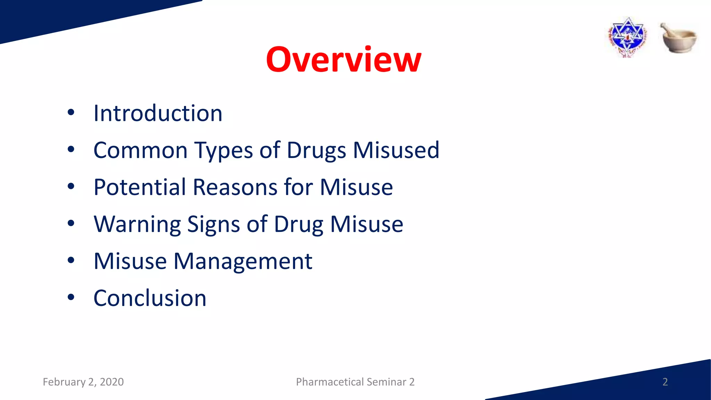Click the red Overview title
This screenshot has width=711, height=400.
pos(343,60)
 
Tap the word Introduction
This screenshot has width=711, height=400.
pos(158,113)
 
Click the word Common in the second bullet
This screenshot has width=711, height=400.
pos(141,150)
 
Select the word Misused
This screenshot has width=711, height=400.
pos(396,150)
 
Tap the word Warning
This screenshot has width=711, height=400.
pos(137,224)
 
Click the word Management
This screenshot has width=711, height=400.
pos(243,261)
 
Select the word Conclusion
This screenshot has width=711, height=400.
pos(150,298)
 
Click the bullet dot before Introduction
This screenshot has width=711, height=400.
pos(71,112)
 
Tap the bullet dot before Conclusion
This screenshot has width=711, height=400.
pos(71,297)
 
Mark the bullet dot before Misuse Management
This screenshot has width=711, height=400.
pos(71,260)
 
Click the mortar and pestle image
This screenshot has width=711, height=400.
pos(678,38)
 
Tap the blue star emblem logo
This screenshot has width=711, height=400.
pos(628,37)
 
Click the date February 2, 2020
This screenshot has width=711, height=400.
pos(83,382)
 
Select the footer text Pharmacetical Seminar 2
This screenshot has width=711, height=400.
pos(355,382)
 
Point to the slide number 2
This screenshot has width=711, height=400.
pos(665,382)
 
